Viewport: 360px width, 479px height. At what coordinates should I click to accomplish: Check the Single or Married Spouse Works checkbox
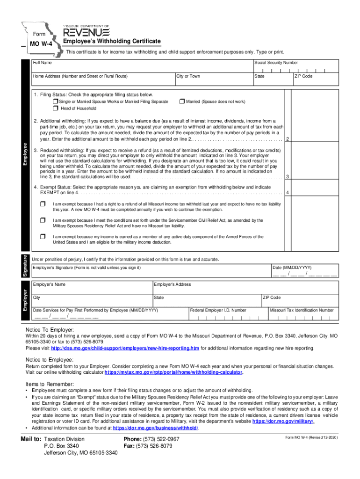[x=55, y=102]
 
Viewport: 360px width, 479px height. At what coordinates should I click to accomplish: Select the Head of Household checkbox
[x=55, y=109]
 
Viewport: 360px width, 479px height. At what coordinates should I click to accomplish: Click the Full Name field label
[x=42, y=63]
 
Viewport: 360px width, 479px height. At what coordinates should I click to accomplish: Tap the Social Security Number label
[x=276, y=63]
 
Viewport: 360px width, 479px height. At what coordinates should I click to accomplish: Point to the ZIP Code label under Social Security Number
[x=303, y=76]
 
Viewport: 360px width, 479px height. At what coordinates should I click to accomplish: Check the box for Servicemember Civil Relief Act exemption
[x=43, y=220]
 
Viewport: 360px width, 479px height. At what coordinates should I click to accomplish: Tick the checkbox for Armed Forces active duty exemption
[x=43, y=236]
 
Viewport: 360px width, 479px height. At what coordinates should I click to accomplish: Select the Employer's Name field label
[x=49, y=284]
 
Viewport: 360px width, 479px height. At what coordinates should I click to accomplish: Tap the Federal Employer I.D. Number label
[x=218, y=310]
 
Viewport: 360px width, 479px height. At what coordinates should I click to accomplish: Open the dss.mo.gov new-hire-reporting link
[x=125, y=348]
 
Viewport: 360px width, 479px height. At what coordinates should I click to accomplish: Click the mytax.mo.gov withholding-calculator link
[x=173, y=373]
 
